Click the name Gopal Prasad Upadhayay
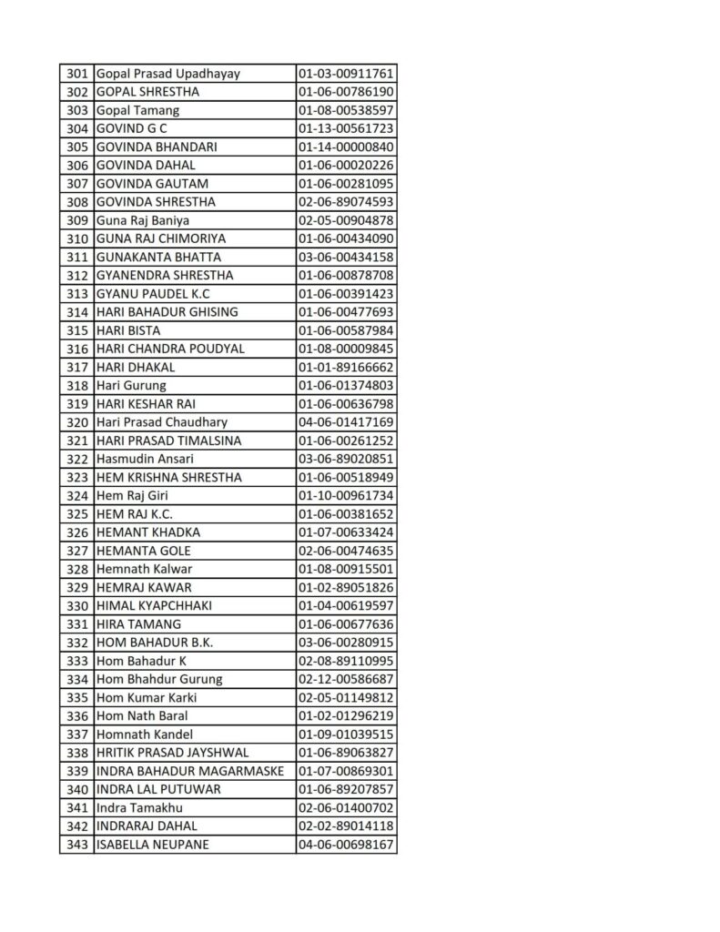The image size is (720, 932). pos(168,74)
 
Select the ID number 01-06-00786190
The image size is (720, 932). pos(345,92)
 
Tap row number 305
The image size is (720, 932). pos(77,147)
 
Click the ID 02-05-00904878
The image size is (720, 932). pos(345,220)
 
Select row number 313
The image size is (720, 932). pos(77,294)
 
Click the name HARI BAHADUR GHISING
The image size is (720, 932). pos(167,312)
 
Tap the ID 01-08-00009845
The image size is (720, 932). pos(345,349)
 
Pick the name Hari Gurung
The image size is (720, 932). pos(131,386)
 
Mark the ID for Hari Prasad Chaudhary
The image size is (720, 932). pos(345,422)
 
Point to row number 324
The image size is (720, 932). pos(77,496)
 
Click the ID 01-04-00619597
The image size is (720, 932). pos(345,606)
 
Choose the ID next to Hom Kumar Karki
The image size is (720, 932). pos(345,698)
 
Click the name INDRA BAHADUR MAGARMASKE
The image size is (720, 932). pos(189,771)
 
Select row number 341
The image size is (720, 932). pos(77,808)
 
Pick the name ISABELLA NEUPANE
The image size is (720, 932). pos(152,845)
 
